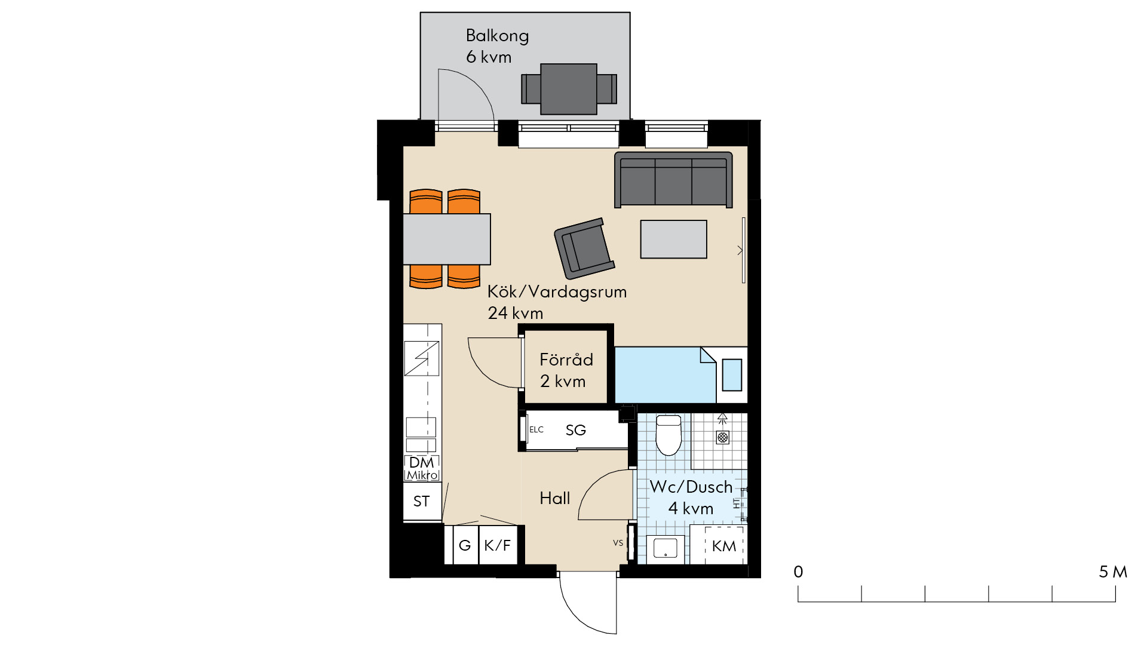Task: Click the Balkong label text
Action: (497, 36)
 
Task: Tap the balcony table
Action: (569, 89)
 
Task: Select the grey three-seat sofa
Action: (673, 180)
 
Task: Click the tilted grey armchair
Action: (584, 248)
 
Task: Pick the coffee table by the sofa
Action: (673, 239)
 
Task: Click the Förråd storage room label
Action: (566, 360)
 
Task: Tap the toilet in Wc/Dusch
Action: (668, 435)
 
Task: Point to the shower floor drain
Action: (723, 438)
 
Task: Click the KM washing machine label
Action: (724, 546)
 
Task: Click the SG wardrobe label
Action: (576, 430)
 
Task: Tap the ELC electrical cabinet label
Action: (536, 429)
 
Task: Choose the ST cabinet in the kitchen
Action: (422, 502)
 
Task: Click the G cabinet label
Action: (465, 545)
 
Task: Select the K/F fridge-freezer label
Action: (498, 545)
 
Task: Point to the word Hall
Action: (555, 498)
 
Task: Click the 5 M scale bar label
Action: (1113, 572)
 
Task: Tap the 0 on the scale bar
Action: (798, 572)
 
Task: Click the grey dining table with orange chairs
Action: (447, 239)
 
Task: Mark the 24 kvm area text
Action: (516, 313)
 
